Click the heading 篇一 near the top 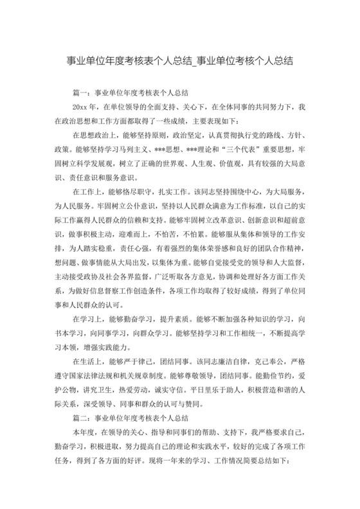pyautogui.click(x=83, y=93)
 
